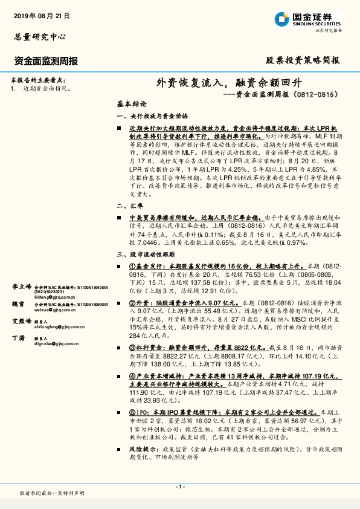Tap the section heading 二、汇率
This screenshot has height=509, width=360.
(x=129, y=206)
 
